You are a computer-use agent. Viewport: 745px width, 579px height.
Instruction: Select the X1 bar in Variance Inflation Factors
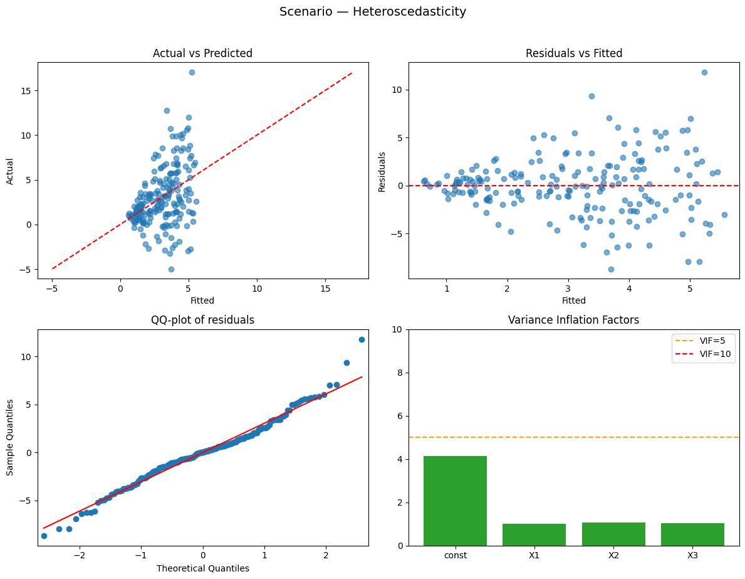tap(534, 534)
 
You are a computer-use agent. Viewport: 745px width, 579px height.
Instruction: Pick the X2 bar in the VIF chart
tap(613, 534)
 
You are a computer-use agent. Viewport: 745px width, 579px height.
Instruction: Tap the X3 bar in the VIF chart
tap(692, 534)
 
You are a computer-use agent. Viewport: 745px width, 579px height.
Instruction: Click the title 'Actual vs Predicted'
tap(202, 53)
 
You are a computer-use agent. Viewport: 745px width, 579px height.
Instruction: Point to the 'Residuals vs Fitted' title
tap(573, 53)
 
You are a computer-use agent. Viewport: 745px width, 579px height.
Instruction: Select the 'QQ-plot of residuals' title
tap(202, 320)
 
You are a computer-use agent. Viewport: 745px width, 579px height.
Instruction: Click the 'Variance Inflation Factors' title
tap(573, 320)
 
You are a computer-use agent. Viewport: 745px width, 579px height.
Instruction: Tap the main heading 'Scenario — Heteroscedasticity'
tap(373, 12)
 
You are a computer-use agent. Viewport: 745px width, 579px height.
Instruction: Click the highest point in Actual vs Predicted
tap(192, 72)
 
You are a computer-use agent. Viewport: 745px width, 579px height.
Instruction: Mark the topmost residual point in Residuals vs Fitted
tap(704, 72)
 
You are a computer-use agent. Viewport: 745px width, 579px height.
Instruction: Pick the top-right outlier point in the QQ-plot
tap(362, 339)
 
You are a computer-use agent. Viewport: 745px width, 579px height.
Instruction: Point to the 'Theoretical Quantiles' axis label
tap(202, 568)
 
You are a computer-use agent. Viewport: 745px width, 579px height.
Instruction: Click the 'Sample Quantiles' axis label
tap(10, 437)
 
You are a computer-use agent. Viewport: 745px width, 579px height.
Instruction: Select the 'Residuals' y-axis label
tap(382, 170)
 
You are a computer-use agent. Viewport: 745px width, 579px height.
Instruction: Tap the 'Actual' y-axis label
tap(10, 170)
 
